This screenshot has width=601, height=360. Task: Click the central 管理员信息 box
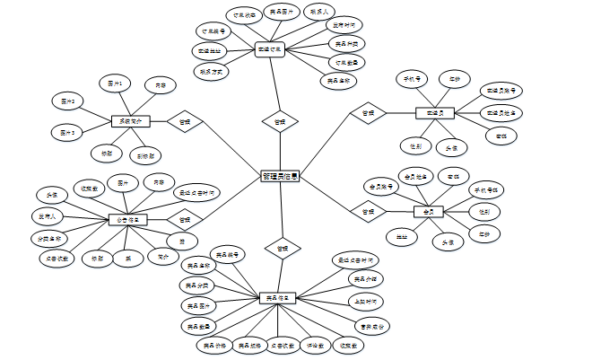(280, 177)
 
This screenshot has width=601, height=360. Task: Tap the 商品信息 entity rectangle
(278, 297)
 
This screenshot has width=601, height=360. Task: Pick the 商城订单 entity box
(269, 50)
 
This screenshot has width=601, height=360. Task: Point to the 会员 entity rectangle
(429, 212)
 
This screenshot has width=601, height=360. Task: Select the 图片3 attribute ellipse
(67, 132)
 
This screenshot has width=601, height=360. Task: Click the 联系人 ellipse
(318, 13)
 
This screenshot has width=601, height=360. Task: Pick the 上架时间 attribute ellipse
(365, 302)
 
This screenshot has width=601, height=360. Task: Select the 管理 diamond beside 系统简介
(185, 121)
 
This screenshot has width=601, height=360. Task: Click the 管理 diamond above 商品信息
(282, 247)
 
